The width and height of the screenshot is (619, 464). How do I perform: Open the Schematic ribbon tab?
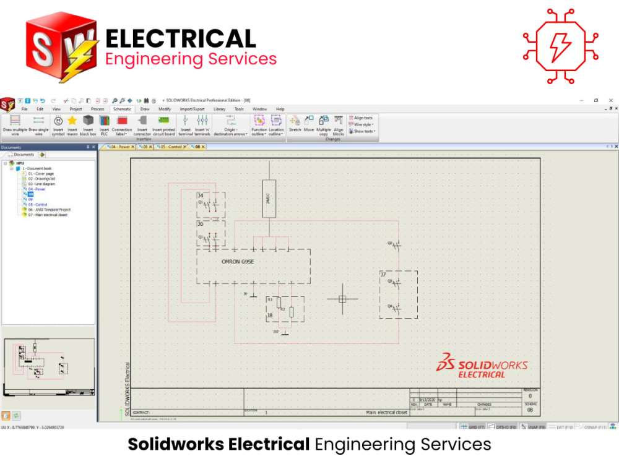point(122,109)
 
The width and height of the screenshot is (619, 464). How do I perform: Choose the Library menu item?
point(219,109)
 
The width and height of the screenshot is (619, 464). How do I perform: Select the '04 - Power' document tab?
point(120,147)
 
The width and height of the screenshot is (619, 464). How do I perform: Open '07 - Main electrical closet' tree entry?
point(48,215)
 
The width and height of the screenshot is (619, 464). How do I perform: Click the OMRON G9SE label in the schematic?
point(239,262)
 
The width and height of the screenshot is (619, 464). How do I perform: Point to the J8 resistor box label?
point(269,315)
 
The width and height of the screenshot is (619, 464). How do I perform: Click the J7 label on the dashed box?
point(383,275)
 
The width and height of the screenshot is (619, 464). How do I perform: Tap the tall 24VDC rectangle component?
point(269,199)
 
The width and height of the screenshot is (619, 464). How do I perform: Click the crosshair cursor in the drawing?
point(342,299)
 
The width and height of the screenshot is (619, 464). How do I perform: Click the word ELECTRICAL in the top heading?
point(181,39)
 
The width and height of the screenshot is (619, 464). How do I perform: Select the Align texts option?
point(363,118)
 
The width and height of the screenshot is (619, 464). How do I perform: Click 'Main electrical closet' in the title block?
point(386,412)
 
